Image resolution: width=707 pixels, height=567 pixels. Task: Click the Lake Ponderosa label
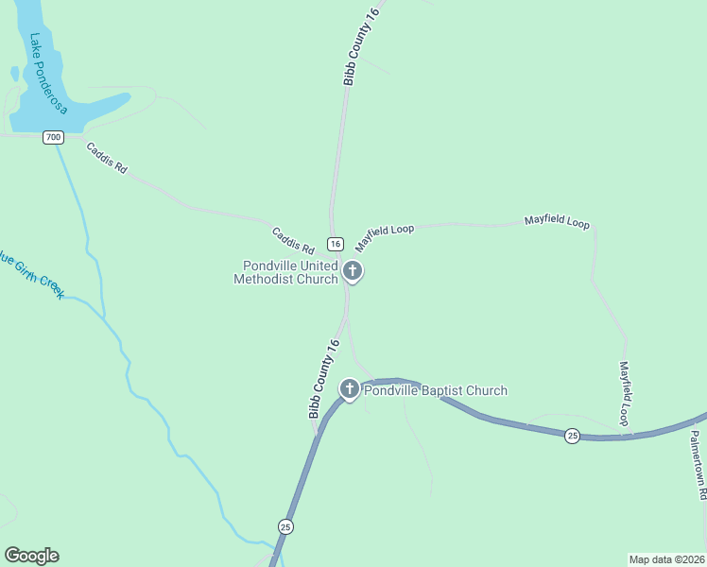(x=48, y=74)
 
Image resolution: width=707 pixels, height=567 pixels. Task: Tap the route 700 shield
(x=53, y=137)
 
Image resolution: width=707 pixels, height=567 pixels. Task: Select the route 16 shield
(x=335, y=243)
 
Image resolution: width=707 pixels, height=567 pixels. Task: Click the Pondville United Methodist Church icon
(x=353, y=272)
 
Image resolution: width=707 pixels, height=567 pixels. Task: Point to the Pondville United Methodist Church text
(x=289, y=272)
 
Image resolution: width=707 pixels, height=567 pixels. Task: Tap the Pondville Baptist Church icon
(x=350, y=388)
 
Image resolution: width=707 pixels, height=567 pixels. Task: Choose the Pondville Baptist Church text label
(x=436, y=390)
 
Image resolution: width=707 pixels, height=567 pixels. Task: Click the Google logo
(x=31, y=556)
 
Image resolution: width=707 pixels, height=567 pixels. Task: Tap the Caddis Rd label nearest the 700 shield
(x=106, y=158)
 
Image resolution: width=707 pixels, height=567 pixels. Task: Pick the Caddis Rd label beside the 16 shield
(x=291, y=242)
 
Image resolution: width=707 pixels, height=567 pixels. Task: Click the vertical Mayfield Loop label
(x=624, y=393)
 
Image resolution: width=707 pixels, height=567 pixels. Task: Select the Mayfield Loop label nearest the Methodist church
(x=385, y=237)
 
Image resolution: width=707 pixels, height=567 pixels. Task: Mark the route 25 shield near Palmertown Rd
(x=572, y=436)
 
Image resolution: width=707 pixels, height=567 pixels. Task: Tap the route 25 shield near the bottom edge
(x=285, y=525)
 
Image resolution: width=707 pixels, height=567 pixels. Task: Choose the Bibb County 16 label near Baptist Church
(x=323, y=380)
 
